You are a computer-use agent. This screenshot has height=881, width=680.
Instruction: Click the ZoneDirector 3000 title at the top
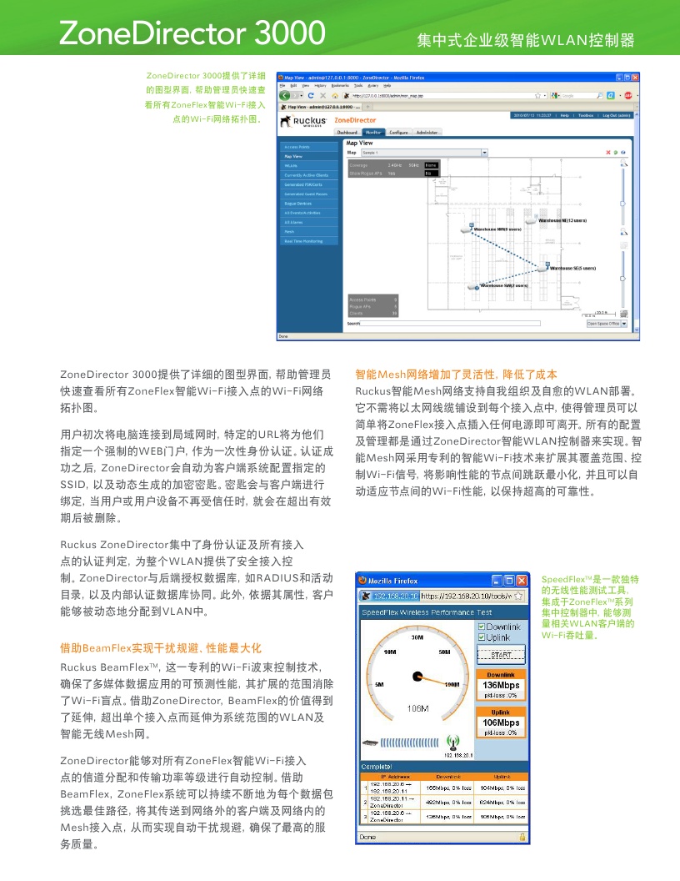192,33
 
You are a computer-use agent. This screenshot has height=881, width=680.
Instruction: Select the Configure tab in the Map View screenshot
398,132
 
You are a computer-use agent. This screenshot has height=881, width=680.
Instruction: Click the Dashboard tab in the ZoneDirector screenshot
347,132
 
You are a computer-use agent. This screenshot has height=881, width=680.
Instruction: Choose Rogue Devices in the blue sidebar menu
298,203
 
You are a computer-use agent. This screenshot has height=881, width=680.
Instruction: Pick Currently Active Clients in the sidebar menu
306,175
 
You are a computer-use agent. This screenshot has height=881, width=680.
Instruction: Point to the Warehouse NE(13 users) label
563,220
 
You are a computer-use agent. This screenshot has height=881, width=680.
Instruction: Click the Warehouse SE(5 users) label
572,269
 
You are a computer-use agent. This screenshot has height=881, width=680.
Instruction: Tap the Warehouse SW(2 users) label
504,285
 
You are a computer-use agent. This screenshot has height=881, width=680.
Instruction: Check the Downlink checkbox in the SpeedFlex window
481,627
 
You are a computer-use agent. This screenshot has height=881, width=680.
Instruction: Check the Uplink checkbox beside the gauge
481,637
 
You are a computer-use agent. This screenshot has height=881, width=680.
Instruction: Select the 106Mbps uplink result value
501,722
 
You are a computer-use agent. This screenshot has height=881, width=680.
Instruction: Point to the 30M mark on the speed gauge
417,637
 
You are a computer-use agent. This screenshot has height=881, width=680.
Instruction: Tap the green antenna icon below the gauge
453,742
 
